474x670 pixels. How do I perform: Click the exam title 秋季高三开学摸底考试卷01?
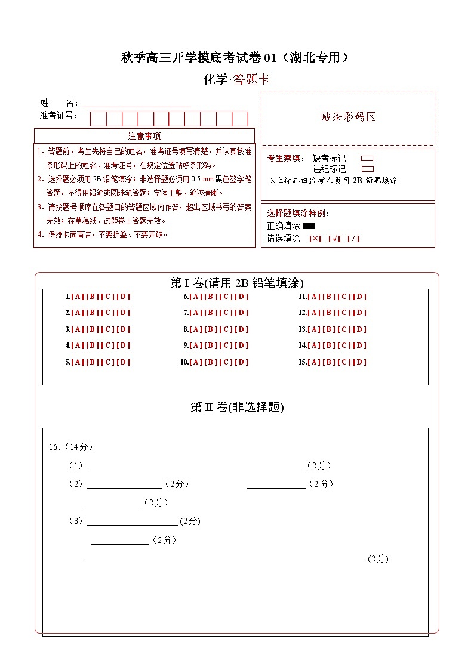[x=235, y=58]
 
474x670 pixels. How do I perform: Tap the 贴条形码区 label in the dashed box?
[x=348, y=117]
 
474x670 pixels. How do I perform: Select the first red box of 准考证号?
[x=98, y=119]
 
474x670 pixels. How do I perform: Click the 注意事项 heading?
[x=144, y=136]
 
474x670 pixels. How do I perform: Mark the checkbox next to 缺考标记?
[x=367, y=159]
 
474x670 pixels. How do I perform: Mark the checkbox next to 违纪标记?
[x=367, y=169]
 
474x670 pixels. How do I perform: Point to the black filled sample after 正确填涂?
[x=308, y=226]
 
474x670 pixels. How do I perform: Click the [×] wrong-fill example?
[x=315, y=239]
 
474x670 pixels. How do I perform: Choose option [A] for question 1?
[x=78, y=297]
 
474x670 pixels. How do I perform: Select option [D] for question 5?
[x=123, y=362]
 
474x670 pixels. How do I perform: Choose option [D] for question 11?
[x=360, y=297]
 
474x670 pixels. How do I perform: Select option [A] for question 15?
[x=315, y=362]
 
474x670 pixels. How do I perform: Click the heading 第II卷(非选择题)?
[x=237, y=407]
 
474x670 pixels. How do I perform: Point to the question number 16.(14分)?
[x=70, y=447]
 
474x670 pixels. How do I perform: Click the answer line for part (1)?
[x=195, y=466]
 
